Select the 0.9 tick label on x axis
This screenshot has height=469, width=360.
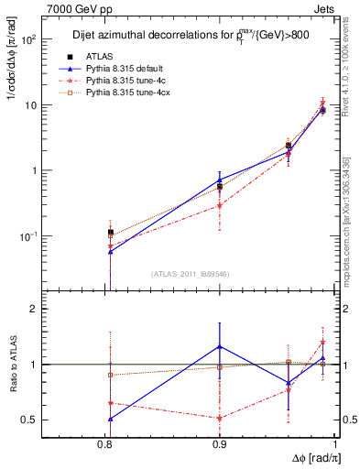[219, 442]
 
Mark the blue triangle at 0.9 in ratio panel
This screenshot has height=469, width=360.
[219, 346]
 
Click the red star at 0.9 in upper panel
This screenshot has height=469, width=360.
[219, 205]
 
